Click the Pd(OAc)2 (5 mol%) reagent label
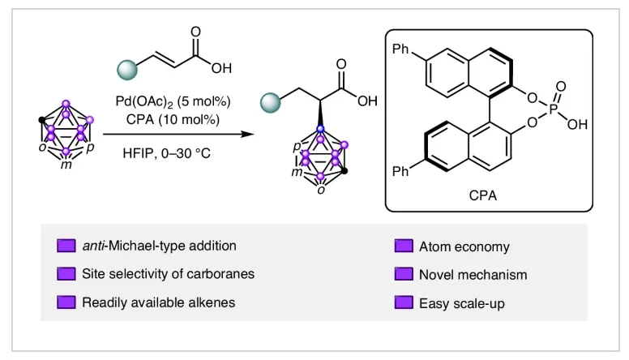click(x=173, y=101)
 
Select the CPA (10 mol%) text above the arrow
click(x=173, y=120)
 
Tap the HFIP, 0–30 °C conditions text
click(x=166, y=153)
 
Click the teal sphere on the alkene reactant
click(x=127, y=70)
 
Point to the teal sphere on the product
click(x=271, y=103)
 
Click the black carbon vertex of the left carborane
click(x=41, y=120)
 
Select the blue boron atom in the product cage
click(x=320, y=129)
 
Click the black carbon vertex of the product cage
click(x=344, y=171)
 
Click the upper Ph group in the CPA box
click(x=400, y=49)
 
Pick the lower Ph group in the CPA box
click(x=400, y=171)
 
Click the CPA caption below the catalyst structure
click(x=482, y=195)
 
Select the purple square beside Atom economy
click(x=404, y=246)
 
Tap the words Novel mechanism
click(x=473, y=275)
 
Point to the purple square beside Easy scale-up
click(x=404, y=302)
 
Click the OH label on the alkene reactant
click(x=222, y=68)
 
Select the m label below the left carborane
click(x=66, y=165)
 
